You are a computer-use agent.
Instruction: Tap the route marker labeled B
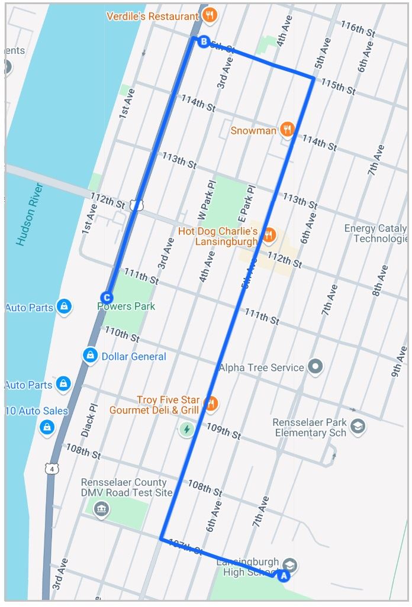click(204, 42)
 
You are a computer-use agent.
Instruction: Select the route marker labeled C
click(107, 298)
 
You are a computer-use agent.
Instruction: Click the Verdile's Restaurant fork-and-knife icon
click(210, 16)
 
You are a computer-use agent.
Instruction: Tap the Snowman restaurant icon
click(287, 130)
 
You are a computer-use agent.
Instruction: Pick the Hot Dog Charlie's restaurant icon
click(269, 234)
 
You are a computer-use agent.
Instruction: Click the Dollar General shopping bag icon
click(89, 355)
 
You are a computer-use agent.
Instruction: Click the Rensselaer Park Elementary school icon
click(358, 426)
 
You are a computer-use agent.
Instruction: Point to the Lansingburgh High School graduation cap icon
click(289, 563)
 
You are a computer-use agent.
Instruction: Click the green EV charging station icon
click(187, 429)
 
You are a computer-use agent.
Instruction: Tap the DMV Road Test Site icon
click(102, 509)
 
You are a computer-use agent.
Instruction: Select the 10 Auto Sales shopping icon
click(47, 427)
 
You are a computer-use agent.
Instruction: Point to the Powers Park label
click(126, 306)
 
